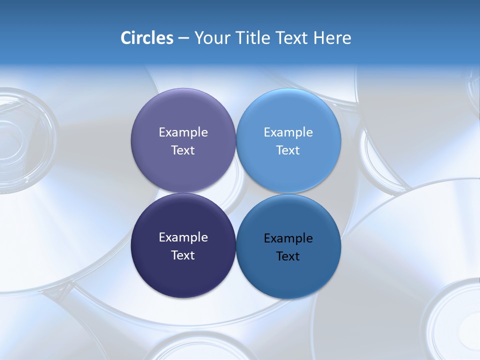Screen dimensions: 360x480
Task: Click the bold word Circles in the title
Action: point(146,38)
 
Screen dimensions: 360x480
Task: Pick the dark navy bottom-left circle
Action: point(183,272)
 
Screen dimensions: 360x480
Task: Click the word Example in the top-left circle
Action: point(183,132)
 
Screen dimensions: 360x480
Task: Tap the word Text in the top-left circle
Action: point(183,150)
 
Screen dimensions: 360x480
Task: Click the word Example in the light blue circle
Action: point(288,132)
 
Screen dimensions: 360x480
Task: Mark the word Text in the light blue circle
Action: point(288,150)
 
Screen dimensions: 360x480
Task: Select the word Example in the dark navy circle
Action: point(183,237)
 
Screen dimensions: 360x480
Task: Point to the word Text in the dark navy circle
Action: point(183,255)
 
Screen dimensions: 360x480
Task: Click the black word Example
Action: point(288,238)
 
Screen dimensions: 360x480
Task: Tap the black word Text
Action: point(288,256)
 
